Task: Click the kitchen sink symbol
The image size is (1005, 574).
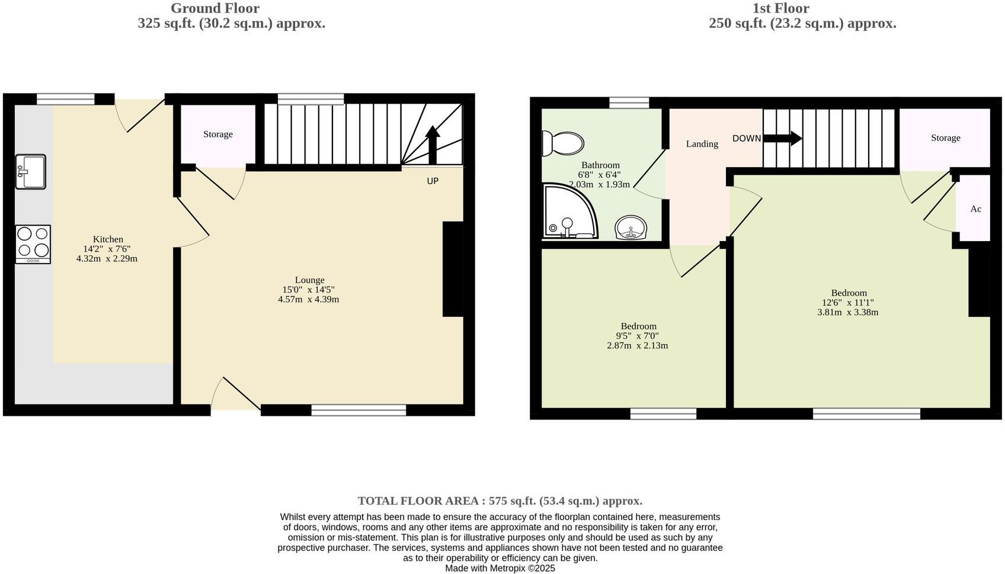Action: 30,172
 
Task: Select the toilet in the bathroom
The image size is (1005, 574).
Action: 563,143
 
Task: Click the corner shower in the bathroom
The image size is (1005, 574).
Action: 568,212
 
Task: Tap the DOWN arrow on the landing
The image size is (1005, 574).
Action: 782,139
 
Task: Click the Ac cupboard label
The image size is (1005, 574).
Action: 975,209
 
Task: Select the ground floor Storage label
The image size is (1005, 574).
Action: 218,134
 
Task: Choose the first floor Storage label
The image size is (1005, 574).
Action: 945,138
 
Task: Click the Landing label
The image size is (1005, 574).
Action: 702,144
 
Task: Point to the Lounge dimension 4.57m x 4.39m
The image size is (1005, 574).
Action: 309,300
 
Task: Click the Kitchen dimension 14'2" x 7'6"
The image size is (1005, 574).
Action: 107,249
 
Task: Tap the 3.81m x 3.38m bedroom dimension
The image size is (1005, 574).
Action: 847,312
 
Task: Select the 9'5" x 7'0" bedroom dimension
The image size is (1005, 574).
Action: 637,336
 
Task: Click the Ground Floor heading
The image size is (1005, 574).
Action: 215,8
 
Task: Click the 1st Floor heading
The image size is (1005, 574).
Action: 780,8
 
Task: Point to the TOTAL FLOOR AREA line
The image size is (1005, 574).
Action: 500,501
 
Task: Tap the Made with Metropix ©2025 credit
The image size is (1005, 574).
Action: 500,568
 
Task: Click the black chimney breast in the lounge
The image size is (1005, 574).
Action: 453,269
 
